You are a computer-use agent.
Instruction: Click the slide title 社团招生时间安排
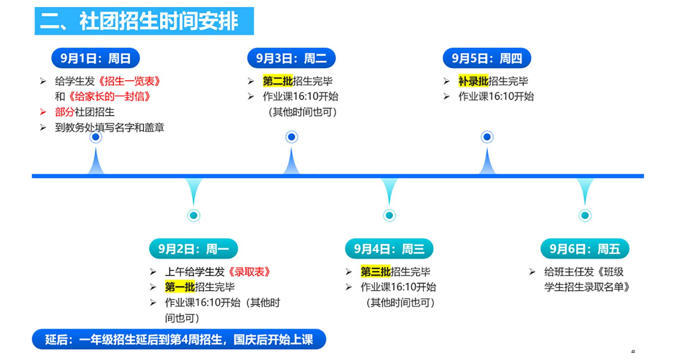[x=144, y=21]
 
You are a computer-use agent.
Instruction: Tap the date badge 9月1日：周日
[x=95, y=58]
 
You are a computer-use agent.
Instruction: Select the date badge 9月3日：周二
[x=291, y=58]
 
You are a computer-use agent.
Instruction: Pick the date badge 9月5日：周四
[x=487, y=58]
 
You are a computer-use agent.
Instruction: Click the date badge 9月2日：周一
[x=194, y=249]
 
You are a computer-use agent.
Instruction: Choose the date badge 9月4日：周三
[x=389, y=249]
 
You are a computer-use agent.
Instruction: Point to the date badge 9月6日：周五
[x=585, y=249]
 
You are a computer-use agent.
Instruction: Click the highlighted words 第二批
[x=278, y=81]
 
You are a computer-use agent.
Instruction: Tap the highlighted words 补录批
[x=473, y=81]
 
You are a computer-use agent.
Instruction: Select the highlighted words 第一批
[x=180, y=287]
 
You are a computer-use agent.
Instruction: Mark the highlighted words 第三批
[x=375, y=272]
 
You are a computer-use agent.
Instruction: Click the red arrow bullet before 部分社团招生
[x=43, y=112]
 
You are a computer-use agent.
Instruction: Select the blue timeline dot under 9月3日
[x=292, y=137]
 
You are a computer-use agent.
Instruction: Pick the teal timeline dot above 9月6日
[x=585, y=215]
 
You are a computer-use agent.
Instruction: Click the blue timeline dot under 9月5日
[x=487, y=137]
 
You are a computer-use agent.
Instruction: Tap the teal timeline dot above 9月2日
[x=194, y=215]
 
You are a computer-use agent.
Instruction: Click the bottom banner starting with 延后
[x=179, y=340]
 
